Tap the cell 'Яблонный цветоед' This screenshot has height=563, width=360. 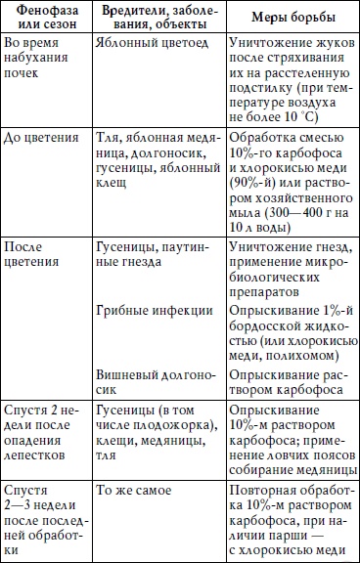[x=150, y=44]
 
